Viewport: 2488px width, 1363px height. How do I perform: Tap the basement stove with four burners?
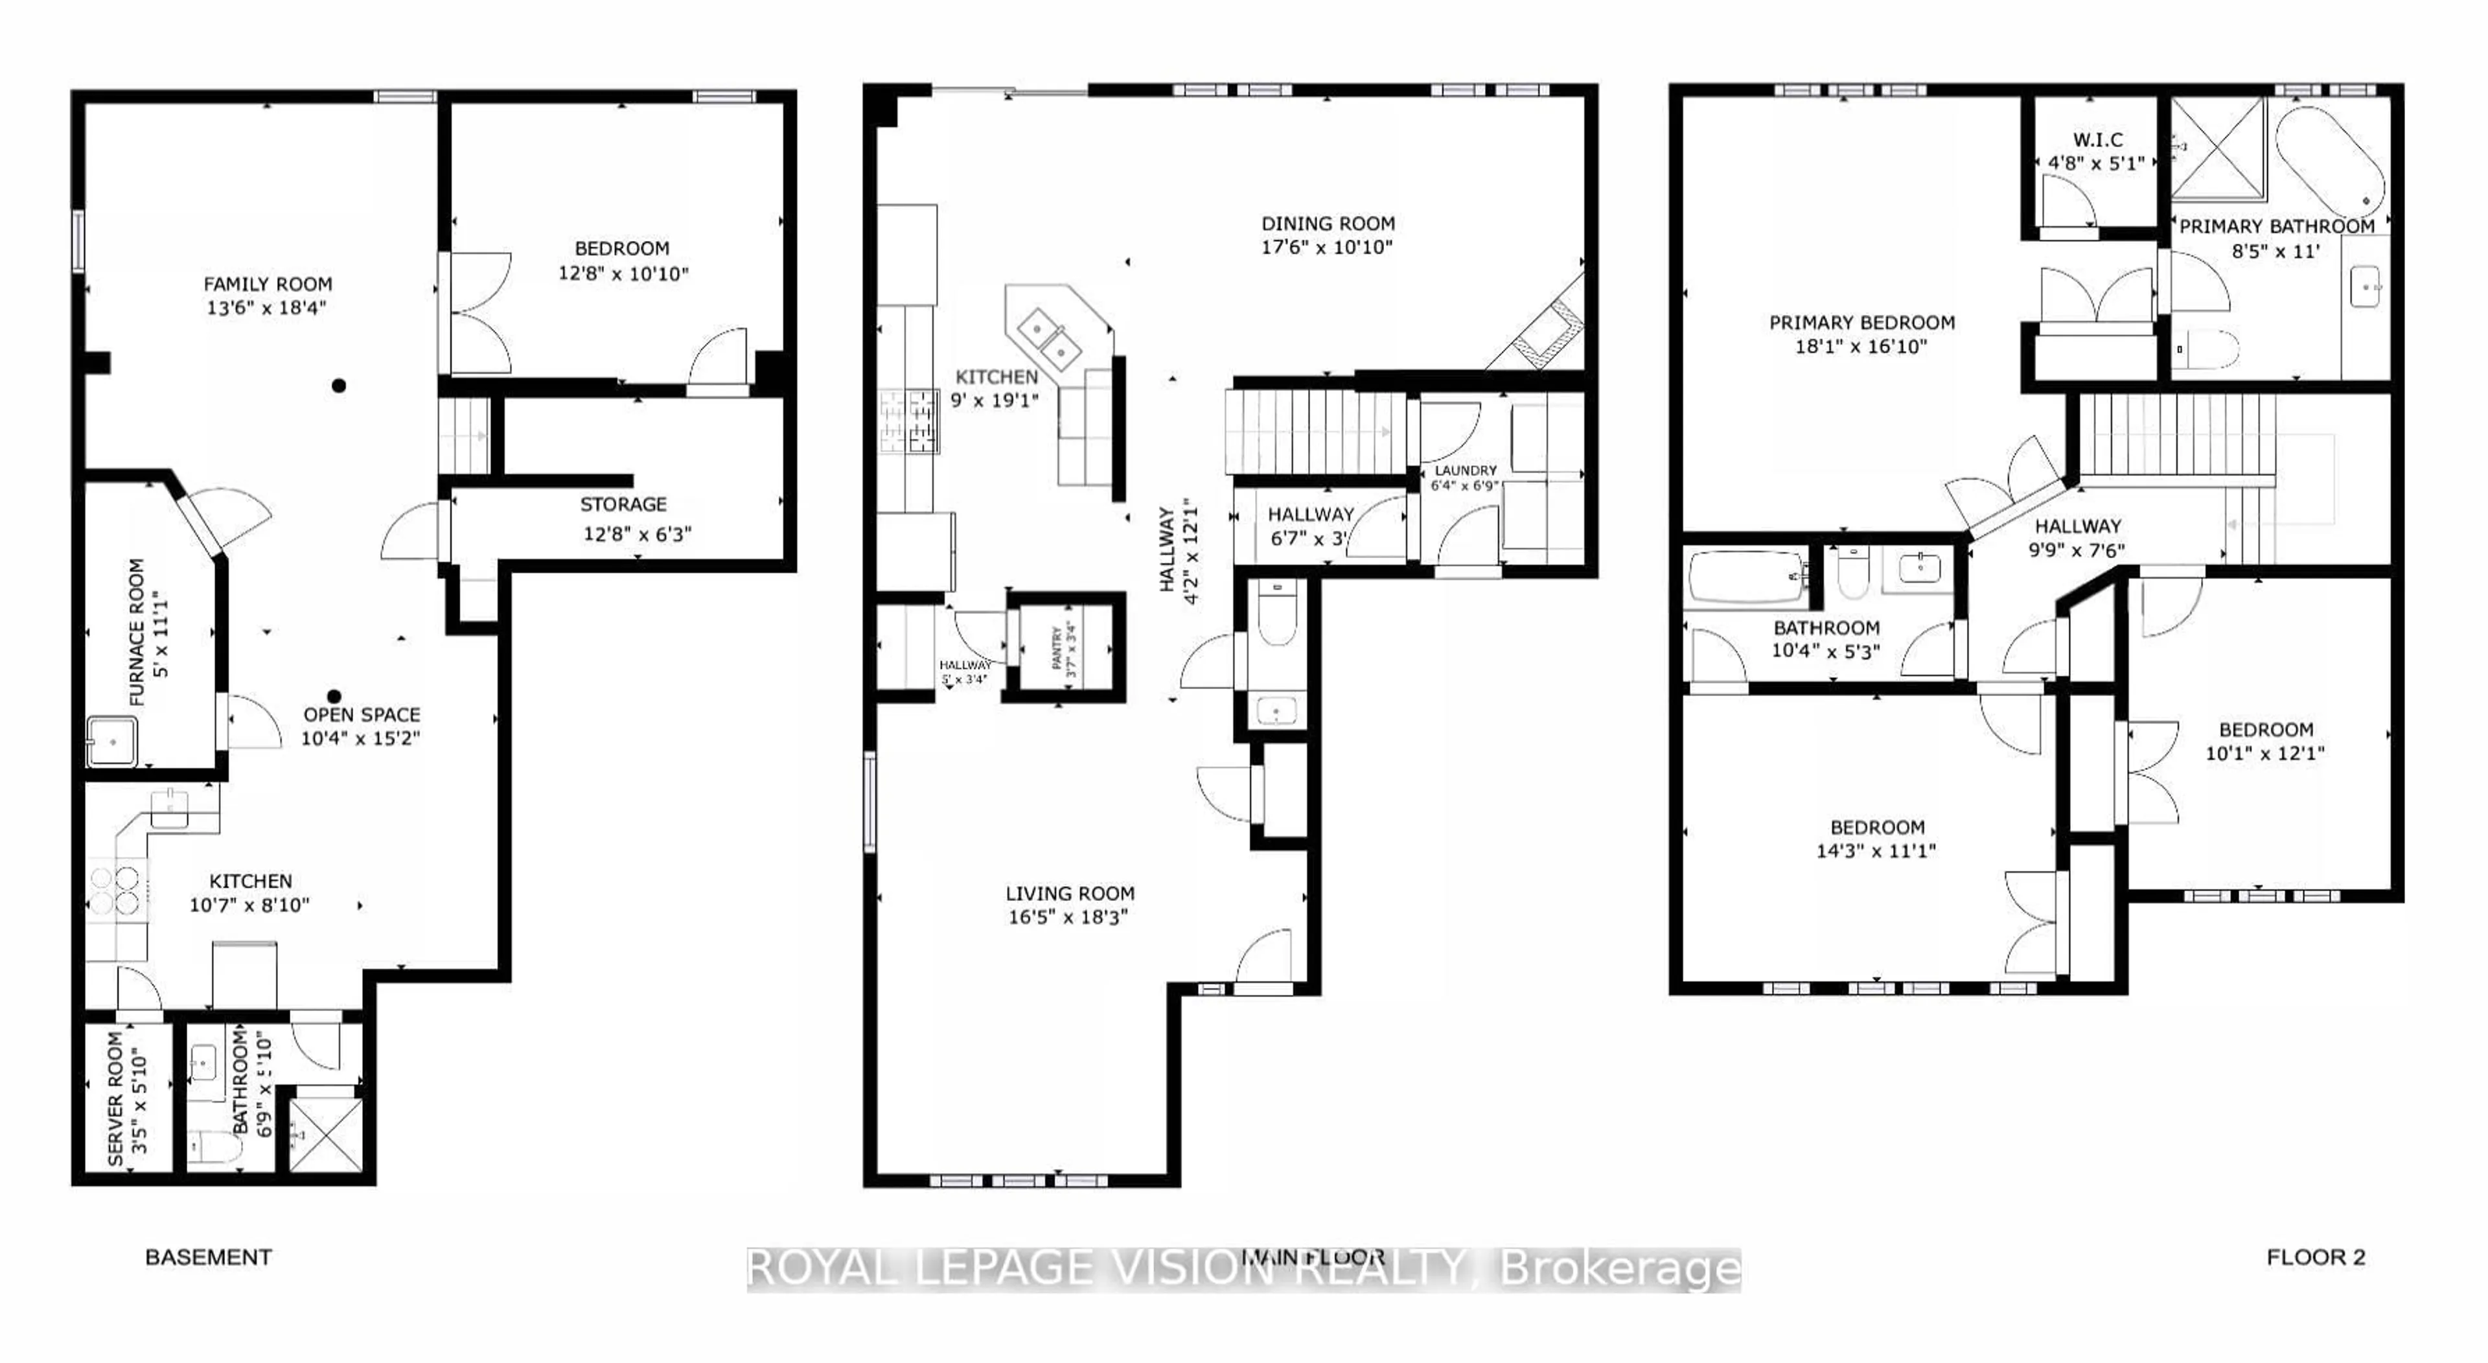(117, 891)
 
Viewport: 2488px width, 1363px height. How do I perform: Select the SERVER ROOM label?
(115, 1099)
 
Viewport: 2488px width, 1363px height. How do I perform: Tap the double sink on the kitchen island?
(1048, 335)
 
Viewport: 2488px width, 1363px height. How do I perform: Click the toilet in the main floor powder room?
(1278, 616)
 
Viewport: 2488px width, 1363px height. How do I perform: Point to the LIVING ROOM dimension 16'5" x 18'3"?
(1068, 916)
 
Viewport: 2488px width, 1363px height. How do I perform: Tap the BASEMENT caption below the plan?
(209, 1257)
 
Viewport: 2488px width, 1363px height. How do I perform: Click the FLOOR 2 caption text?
(2315, 1257)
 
